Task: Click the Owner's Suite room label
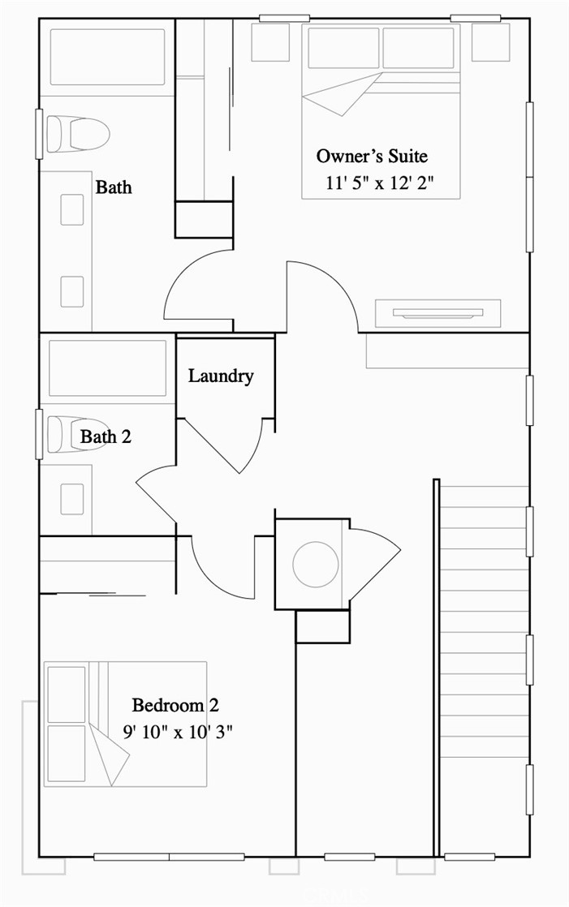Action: point(372,157)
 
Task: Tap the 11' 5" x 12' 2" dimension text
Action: point(380,183)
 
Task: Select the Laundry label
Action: point(221,376)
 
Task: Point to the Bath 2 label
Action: point(106,436)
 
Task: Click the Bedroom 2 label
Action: point(175,705)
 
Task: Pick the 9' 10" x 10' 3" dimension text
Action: point(178,732)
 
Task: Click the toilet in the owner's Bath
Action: point(78,134)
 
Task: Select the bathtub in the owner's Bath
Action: point(108,58)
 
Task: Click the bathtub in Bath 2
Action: point(108,368)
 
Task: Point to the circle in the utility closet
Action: point(316,564)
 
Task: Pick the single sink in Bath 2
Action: point(71,499)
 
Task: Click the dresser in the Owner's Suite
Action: point(438,313)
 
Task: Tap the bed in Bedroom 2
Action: point(126,724)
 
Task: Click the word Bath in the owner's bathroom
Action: point(114,187)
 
